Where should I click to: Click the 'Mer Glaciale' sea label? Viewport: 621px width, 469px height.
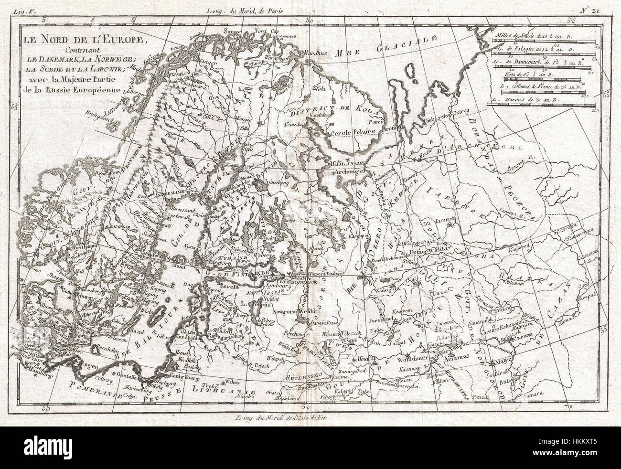pyautogui.click(x=382, y=47)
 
